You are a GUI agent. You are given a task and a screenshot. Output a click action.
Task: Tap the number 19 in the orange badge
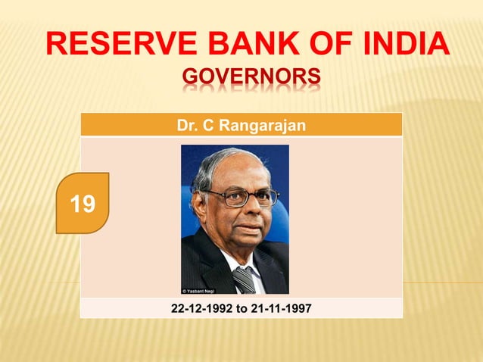83,203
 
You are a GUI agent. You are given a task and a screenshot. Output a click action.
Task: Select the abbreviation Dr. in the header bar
185,125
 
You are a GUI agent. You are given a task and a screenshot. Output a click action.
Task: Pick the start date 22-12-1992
198,308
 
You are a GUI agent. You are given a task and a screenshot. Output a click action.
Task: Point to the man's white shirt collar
230,261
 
